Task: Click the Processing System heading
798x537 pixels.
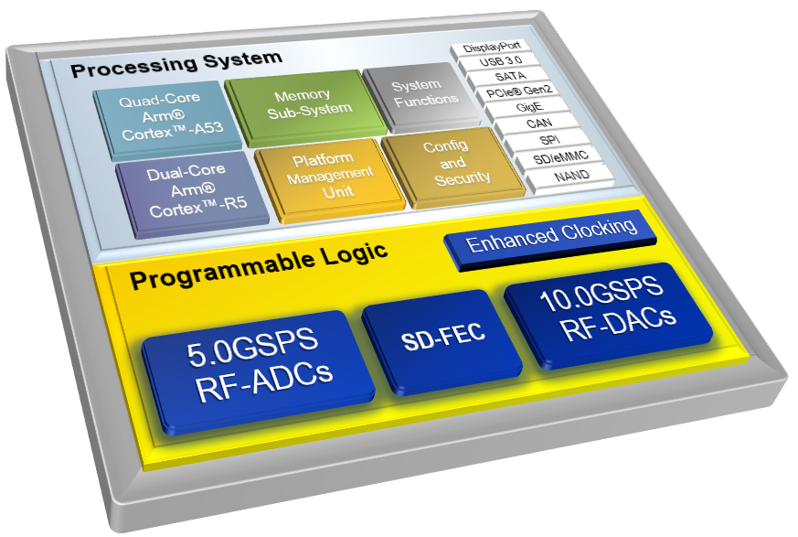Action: pyautogui.click(x=176, y=64)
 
